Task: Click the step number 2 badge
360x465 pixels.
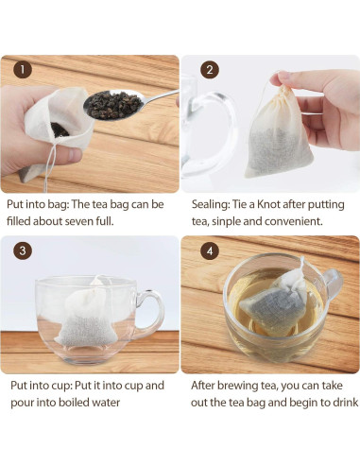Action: click(x=210, y=69)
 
